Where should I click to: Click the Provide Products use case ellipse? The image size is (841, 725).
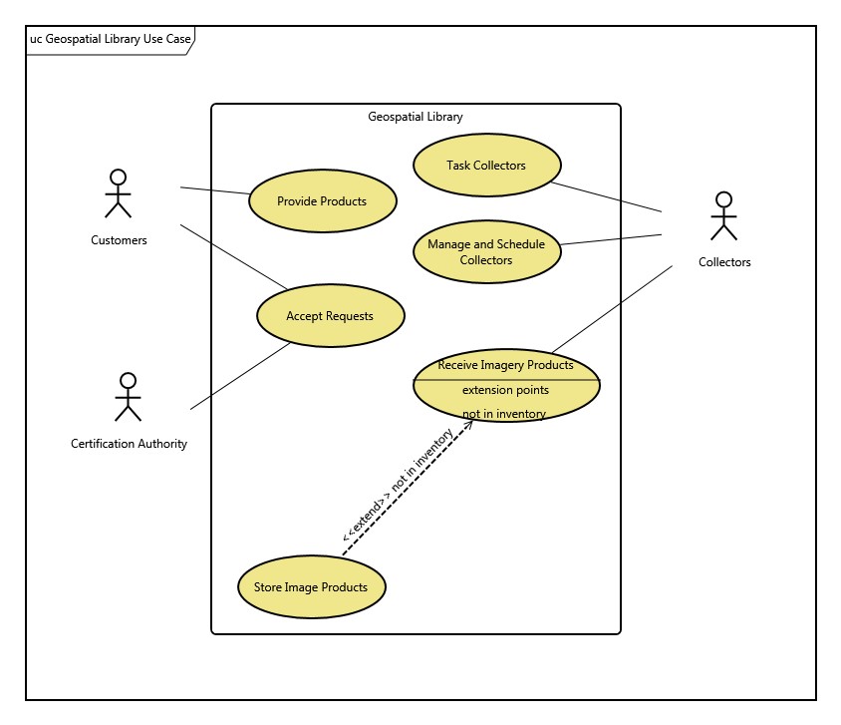(322, 200)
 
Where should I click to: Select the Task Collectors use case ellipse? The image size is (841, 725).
(486, 166)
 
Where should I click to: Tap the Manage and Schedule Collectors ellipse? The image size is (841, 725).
(486, 252)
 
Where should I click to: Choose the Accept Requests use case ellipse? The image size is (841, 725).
(330, 316)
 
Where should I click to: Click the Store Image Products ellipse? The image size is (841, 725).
(311, 586)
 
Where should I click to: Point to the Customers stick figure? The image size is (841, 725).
(119, 193)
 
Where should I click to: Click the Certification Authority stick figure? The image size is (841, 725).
(128, 397)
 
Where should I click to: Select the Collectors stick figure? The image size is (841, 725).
(723, 216)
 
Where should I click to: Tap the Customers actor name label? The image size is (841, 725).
(119, 240)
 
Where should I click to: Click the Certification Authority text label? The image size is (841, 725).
(129, 444)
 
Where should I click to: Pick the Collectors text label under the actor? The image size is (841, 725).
(724, 262)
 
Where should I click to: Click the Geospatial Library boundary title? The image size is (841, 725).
(416, 117)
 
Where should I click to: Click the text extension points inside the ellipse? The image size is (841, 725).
(505, 390)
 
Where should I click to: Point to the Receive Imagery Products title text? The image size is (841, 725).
(505, 365)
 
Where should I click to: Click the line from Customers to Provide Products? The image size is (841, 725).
(214, 190)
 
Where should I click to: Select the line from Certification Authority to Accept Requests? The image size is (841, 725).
(239, 376)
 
